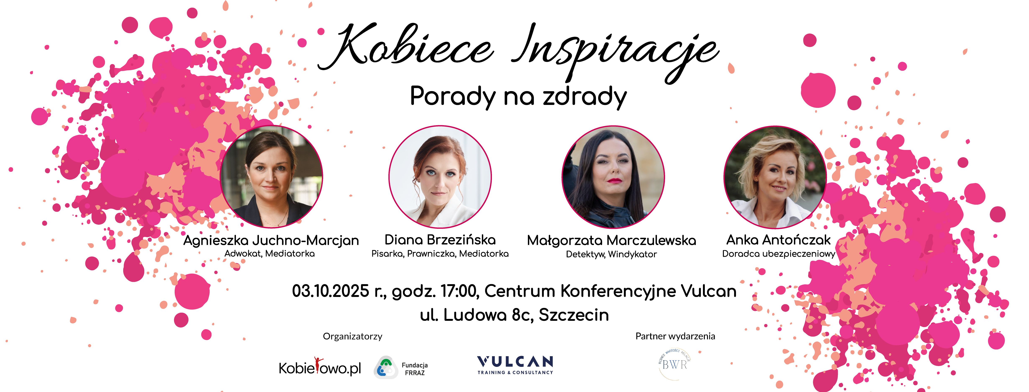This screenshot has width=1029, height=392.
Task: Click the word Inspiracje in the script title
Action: click(x=615, y=52)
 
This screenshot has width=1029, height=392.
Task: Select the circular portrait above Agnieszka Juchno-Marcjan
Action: click(x=272, y=177)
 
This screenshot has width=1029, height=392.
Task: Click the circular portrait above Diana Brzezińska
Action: click(x=440, y=177)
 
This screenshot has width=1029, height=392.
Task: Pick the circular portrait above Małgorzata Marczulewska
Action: click(x=613, y=177)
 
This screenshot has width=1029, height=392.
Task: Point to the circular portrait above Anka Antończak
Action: click(x=775, y=177)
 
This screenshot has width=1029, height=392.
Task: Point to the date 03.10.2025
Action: click(x=330, y=291)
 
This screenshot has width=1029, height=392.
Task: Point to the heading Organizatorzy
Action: click(x=352, y=336)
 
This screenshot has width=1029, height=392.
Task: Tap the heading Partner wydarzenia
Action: click(x=675, y=336)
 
